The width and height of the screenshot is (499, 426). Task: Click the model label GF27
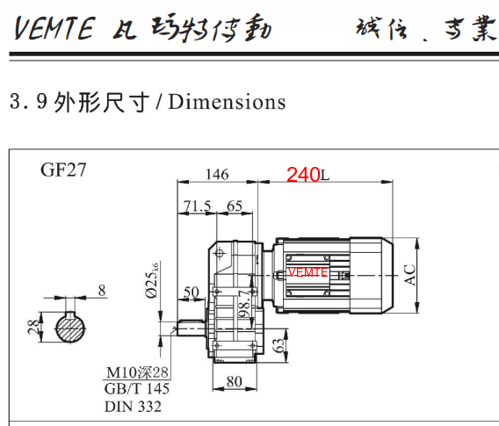(63, 170)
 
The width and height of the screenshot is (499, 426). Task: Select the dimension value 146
(217, 174)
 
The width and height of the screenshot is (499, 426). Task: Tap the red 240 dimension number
(302, 175)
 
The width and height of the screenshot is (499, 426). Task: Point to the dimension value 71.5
(197, 206)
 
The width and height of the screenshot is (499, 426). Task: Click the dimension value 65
(235, 206)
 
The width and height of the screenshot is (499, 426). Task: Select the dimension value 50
(192, 292)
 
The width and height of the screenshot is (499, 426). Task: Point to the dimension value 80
(235, 381)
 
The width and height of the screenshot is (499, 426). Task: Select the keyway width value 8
(102, 289)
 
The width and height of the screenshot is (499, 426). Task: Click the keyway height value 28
(33, 328)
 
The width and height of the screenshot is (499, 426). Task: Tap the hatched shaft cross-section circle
(72, 329)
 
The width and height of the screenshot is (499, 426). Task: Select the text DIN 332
(133, 406)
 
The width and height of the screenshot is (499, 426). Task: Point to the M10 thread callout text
(137, 373)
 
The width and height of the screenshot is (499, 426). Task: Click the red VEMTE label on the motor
(307, 272)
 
